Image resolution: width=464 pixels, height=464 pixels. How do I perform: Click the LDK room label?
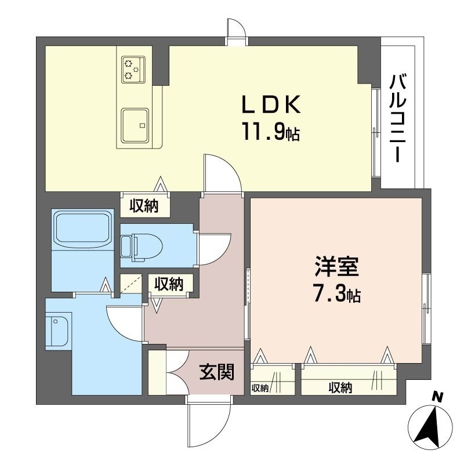click(271, 105)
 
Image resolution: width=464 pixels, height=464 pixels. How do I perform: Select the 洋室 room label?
click(337, 267)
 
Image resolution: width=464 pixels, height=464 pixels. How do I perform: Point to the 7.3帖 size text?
click(337, 293)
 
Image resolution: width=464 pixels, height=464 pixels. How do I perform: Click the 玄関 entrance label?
click(217, 372)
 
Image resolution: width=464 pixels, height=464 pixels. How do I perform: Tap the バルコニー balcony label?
click(398, 118)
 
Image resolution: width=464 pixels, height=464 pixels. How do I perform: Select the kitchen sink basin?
click(135, 125)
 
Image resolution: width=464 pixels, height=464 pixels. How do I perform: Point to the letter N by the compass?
click(437, 397)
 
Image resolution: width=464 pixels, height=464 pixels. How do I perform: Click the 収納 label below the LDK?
click(144, 206)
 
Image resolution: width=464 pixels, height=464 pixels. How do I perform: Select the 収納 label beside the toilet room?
click(169, 284)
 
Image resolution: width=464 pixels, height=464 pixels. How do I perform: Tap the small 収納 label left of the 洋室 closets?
click(260, 388)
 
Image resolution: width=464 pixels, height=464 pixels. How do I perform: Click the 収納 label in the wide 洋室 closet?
click(340, 387)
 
